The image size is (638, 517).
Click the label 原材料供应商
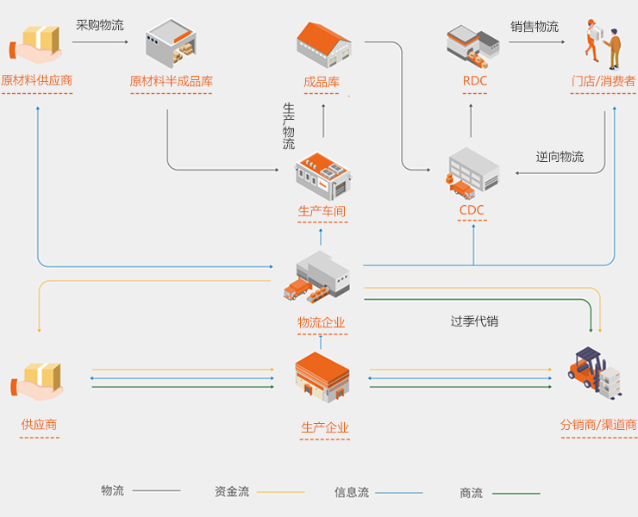point(36,81)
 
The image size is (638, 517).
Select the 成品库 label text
point(322,83)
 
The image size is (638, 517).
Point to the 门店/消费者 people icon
point(604,42)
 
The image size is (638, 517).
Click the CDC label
point(472,210)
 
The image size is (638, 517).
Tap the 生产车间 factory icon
point(323,175)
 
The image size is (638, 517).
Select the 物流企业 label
point(322,323)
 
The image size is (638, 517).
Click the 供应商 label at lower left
point(40,425)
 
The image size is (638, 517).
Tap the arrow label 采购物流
point(100,25)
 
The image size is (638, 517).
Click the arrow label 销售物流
point(535,27)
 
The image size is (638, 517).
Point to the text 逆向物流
point(560,157)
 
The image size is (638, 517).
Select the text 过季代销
point(474,321)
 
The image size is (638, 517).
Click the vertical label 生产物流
point(289,127)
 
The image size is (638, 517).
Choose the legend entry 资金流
point(232,492)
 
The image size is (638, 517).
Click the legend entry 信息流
point(352,493)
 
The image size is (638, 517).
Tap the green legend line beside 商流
point(516,494)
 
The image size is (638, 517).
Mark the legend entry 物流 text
point(113,491)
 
